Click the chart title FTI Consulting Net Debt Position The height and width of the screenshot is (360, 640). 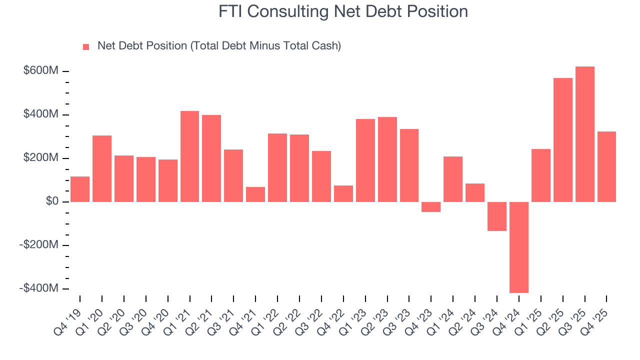(343, 11)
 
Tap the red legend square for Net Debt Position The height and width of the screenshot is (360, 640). (86, 46)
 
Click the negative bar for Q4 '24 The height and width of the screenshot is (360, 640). (519, 247)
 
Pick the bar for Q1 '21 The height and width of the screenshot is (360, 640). (189, 156)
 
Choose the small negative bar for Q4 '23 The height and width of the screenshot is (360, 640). (431, 207)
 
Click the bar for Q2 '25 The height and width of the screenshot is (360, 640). (562, 140)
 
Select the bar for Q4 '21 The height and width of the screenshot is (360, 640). (255, 194)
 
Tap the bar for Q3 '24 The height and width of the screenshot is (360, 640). (497, 216)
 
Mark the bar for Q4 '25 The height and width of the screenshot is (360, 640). (606, 166)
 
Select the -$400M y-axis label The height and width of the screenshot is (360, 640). (39, 288)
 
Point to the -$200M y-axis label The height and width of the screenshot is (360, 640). (39, 245)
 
